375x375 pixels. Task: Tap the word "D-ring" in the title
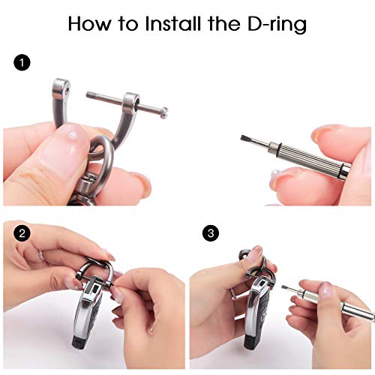[277, 25]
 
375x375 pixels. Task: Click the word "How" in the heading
[90, 24]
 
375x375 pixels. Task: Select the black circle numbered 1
[22, 62]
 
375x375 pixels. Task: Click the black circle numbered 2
[22, 233]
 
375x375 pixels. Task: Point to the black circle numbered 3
[211, 233]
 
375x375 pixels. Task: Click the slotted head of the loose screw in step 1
[164, 112]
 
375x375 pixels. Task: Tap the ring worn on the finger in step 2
[41, 256]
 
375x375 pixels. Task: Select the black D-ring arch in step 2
[94, 268]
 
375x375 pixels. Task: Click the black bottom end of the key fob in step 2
[79, 341]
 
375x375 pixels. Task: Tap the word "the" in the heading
[223, 24]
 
